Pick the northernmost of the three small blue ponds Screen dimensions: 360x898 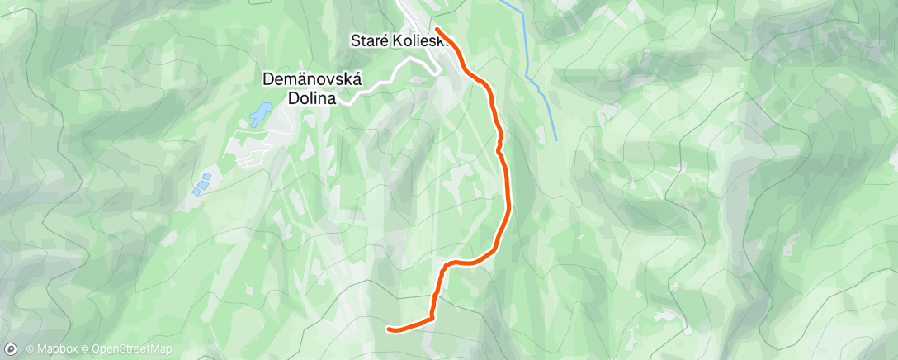coord(206,176)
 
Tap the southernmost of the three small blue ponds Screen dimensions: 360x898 coord(196,191)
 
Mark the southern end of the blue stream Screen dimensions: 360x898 coord(555,139)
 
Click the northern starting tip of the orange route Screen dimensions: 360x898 coord(436,30)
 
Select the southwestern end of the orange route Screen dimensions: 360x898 coord(389,329)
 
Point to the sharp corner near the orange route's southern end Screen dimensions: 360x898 coord(432,317)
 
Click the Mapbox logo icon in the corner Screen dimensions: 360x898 coord(11,349)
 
